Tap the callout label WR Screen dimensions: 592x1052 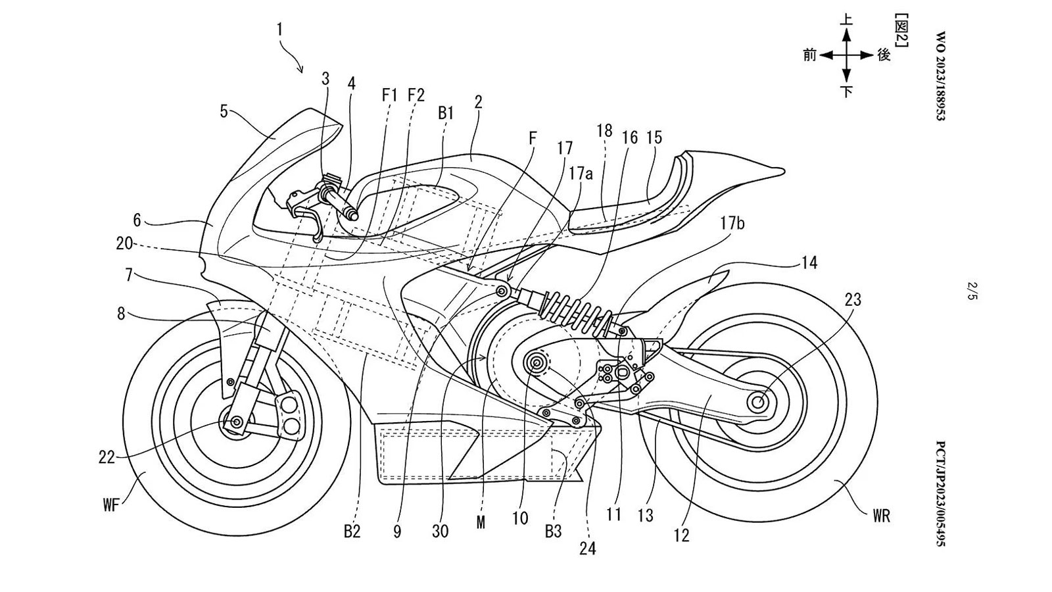(882, 515)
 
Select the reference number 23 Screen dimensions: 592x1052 (853, 300)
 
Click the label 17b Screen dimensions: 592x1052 (732, 223)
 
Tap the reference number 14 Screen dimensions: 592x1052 (809, 262)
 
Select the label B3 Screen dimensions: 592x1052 (554, 530)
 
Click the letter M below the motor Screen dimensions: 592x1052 (481, 522)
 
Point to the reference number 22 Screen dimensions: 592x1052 (107, 456)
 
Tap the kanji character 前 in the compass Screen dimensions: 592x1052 (810, 55)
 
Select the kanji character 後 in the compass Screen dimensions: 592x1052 (884, 55)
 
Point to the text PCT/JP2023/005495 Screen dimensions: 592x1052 (941, 493)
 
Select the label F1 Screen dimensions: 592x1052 (391, 95)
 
